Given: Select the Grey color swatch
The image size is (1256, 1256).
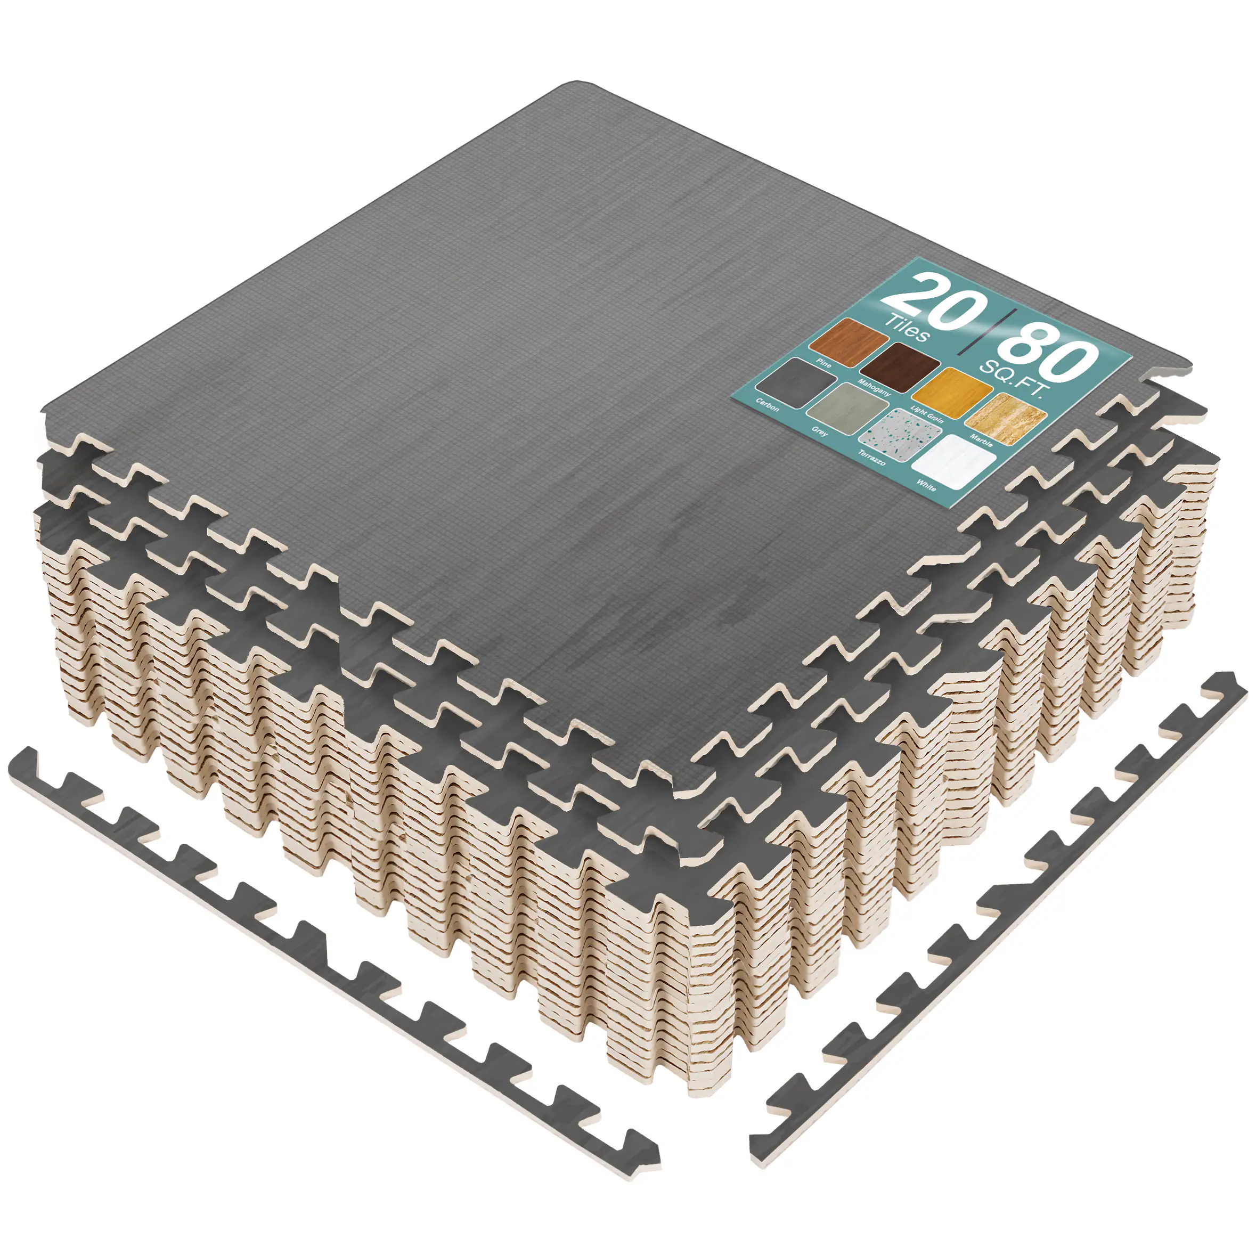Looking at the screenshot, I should (x=847, y=408).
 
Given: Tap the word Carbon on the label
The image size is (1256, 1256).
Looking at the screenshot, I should (x=767, y=404).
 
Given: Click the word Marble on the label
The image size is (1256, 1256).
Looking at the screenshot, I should (x=981, y=440).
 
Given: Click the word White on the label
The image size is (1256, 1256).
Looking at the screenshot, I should (x=926, y=485).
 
